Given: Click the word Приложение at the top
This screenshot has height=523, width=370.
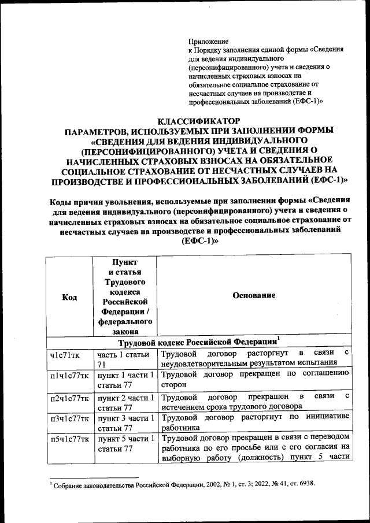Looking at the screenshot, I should click(209, 41).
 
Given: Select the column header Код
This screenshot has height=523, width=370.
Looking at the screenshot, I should click(69, 296).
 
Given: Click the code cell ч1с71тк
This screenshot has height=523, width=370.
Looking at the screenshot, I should click(65, 354).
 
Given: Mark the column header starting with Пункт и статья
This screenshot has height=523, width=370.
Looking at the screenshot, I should click(125, 296).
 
